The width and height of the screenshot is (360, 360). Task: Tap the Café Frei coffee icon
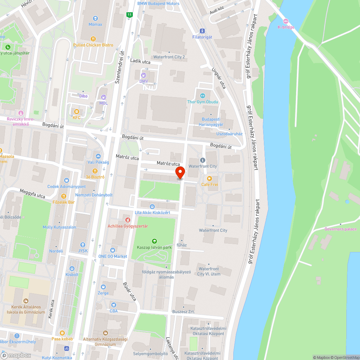(x=210, y=178)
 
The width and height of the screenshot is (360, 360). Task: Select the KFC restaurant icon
(x=76, y=111)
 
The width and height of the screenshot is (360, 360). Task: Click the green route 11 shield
(x=129, y=15)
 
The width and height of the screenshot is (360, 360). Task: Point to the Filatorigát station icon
(x=202, y=31)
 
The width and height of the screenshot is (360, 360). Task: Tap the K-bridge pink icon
(x=286, y=21)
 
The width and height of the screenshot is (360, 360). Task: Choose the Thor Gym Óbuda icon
(x=202, y=96)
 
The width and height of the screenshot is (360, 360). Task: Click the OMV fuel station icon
(x=144, y=75)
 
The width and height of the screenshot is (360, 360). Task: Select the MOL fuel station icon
(x=104, y=97)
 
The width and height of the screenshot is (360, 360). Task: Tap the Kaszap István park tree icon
(x=154, y=241)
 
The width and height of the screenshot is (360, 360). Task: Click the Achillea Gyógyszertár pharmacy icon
(x=127, y=220)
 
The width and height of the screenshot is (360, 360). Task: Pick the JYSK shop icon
(x=83, y=244)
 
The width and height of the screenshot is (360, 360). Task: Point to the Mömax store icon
(x=95, y=18)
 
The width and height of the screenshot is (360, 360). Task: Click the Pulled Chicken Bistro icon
(x=93, y=39)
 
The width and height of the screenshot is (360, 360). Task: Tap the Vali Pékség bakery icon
(x=98, y=156)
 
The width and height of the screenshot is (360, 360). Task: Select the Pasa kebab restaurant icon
(x=62, y=333)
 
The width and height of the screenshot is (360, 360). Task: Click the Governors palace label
(x=340, y=229)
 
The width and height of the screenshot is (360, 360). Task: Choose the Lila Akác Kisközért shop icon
(x=152, y=206)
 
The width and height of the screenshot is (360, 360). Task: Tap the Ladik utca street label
(x=140, y=62)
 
